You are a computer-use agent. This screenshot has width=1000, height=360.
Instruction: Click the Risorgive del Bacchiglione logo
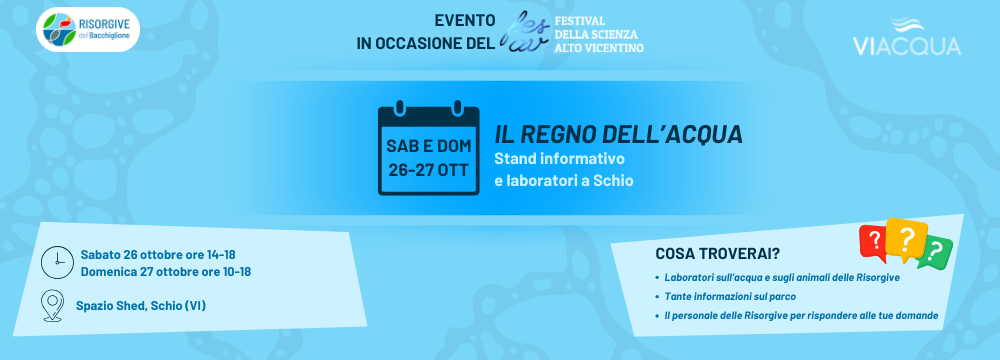(x=87, y=31)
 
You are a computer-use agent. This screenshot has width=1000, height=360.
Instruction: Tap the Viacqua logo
(x=906, y=37)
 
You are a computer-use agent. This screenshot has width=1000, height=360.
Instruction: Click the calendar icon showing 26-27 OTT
(x=428, y=147)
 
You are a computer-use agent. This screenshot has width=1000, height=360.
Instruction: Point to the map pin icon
(x=51, y=306)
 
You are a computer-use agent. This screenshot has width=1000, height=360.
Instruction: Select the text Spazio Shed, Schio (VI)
(x=140, y=306)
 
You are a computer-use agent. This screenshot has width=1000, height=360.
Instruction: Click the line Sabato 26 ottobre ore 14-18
(x=158, y=255)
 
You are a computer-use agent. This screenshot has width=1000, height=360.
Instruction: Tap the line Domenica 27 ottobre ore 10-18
(x=165, y=272)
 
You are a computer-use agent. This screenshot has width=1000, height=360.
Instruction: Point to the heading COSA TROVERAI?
(x=717, y=253)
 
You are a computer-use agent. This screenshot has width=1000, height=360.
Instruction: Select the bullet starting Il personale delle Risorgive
(x=797, y=316)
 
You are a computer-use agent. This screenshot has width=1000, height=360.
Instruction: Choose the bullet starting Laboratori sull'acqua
(x=777, y=278)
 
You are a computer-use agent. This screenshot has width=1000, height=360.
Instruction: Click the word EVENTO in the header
(x=465, y=21)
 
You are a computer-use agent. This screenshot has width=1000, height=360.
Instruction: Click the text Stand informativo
(x=559, y=158)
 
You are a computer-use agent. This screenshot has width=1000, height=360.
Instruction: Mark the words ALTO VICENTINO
(x=599, y=48)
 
